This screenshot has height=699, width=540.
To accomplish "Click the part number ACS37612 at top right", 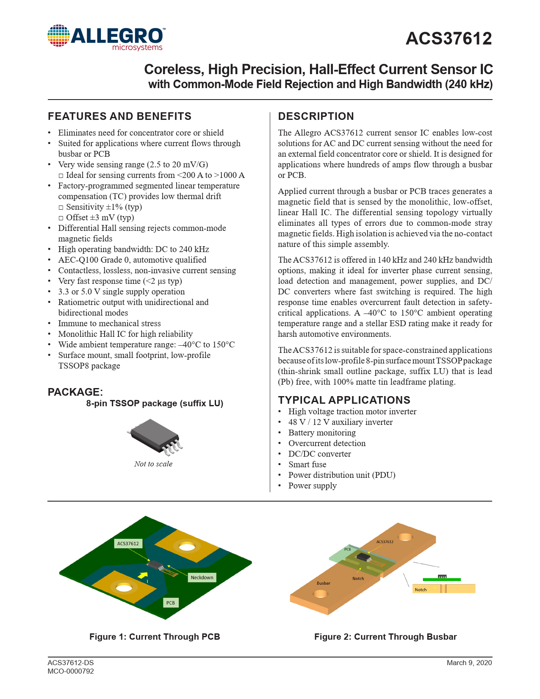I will point(449,39).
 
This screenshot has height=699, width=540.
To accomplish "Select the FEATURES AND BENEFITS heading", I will point(119,116).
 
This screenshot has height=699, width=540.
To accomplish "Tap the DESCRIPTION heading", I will point(316,116).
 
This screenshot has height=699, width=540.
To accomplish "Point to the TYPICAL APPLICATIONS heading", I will point(344,400).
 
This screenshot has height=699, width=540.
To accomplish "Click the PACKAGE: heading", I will point(75,392).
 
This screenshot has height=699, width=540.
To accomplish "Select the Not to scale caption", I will point(153,464).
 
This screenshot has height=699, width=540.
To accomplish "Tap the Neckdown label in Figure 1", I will point(202,577).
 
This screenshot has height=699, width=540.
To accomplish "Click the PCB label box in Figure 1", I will point(170,602).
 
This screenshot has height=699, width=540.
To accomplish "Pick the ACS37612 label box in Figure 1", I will point(128,544).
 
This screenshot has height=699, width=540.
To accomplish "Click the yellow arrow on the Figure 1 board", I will point(143,575).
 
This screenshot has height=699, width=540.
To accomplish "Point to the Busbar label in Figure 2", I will point(323,583).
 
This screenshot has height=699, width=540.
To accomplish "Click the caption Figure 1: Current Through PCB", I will point(155,637).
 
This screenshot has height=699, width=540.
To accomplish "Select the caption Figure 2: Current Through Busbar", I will point(385,637).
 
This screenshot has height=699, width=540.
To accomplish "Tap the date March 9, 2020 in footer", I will point(469,663).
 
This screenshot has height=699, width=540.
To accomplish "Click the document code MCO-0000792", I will point(71,671).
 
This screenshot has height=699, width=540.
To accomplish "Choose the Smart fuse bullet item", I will point(307,464).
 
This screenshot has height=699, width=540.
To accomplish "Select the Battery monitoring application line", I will point(322,433).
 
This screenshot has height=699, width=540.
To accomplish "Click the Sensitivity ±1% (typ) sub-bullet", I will point(104,207).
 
